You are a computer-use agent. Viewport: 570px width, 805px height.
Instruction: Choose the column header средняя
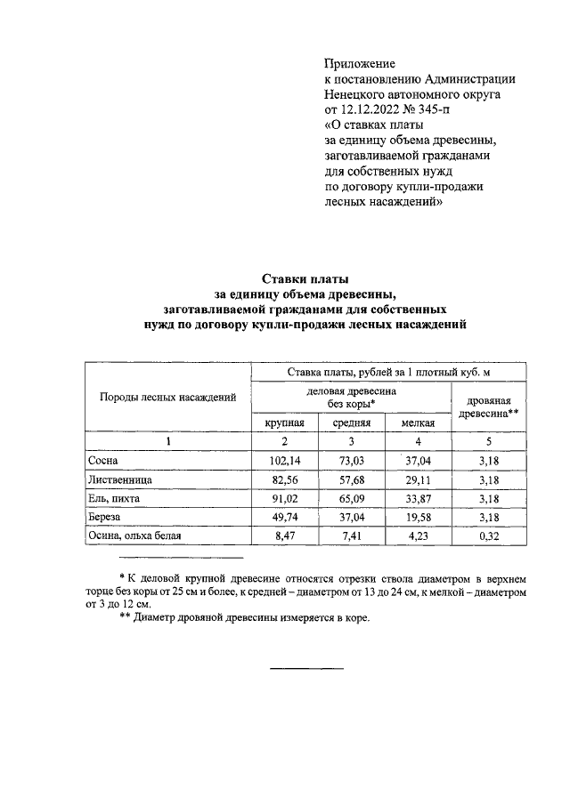[352, 423]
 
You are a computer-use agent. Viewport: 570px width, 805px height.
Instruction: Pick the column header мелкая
[418, 423]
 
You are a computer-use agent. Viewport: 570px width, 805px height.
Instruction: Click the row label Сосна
[102, 461]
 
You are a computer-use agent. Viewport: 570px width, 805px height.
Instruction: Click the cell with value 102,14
[285, 461]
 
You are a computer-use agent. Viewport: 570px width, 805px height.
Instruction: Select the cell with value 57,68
[352, 479]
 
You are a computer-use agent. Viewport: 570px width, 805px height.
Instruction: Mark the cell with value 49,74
[285, 517]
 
